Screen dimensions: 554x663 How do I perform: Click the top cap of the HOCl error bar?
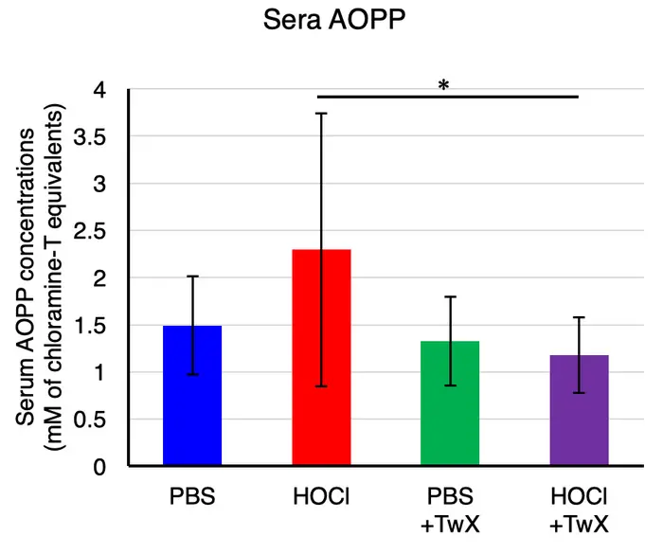(321, 113)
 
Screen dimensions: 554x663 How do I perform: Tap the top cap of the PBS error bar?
(192, 277)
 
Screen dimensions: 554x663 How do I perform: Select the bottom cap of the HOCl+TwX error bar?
(579, 393)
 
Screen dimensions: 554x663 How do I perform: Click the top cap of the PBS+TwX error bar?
(450, 297)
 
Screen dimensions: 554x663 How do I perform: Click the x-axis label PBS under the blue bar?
(192, 497)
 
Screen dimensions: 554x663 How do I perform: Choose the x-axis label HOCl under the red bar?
(321, 497)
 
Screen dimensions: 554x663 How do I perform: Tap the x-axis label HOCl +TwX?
(579, 509)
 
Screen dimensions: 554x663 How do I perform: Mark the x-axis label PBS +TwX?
(450, 509)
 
